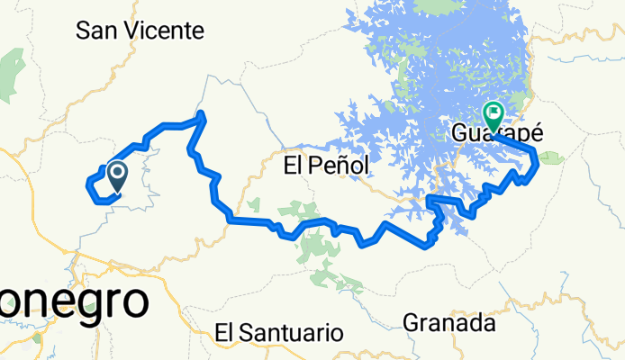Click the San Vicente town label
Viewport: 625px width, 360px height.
(x=140, y=31)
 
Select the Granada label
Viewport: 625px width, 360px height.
(x=448, y=321)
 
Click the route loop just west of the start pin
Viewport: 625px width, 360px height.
(x=91, y=184)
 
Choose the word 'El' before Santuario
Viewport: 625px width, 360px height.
(x=225, y=333)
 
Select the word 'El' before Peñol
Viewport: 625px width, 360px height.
(x=294, y=166)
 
